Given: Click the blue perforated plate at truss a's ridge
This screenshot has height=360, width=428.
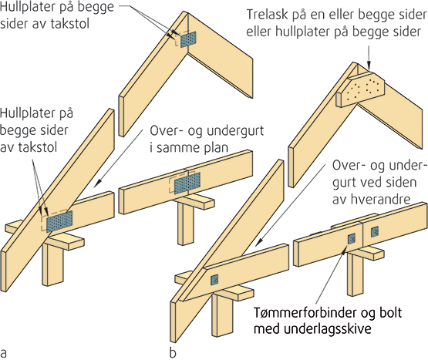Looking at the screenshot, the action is pyautogui.click(x=188, y=39).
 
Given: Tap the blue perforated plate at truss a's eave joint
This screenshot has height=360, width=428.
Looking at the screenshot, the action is pyautogui.click(x=59, y=221).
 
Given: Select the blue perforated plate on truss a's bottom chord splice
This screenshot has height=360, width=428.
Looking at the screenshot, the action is pyautogui.click(x=187, y=183).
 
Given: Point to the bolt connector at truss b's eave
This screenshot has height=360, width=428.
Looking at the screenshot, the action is pyautogui.click(x=215, y=280).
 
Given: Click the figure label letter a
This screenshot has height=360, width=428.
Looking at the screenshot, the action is pyautogui.click(x=4, y=352).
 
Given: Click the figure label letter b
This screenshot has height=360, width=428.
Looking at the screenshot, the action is pyautogui.click(x=173, y=352).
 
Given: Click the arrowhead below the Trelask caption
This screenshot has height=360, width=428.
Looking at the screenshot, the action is pyautogui.click(x=369, y=66).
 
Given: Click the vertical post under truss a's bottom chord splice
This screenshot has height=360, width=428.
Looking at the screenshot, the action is pyautogui.click(x=187, y=224).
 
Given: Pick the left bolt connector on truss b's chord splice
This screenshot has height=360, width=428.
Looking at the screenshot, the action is pyautogui.click(x=352, y=239).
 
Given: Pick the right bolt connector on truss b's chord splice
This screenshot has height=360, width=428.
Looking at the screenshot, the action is pyautogui.click(x=375, y=232).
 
